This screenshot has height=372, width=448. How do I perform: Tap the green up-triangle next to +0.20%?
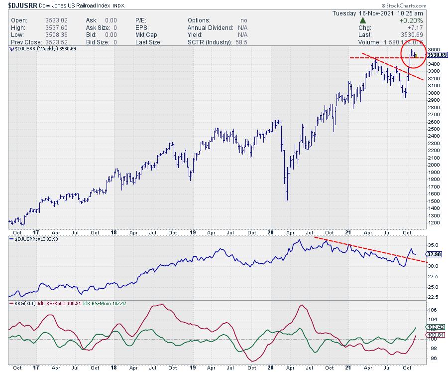(x=363, y=20)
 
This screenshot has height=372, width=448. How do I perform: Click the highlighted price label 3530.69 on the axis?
(x=437, y=55)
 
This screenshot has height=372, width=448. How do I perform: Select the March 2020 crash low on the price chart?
(x=286, y=200)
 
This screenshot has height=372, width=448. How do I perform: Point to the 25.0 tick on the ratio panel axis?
(x=434, y=287)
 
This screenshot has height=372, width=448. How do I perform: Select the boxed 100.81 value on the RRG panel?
(x=436, y=335)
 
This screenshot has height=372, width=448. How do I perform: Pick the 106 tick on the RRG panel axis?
(x=432, y=310)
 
